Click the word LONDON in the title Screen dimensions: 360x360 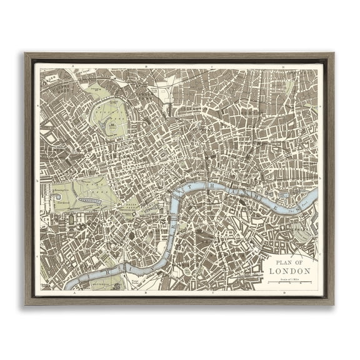[289, 271]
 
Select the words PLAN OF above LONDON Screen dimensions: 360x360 [289, 261]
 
